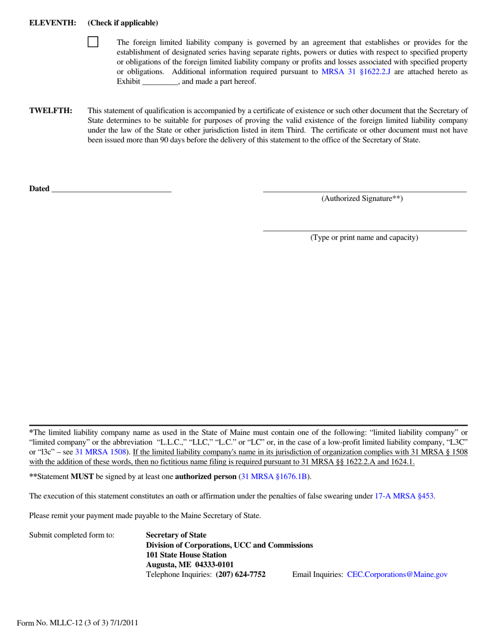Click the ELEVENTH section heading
coord(53,23)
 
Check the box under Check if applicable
coord(93,42)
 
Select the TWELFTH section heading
coord(51,110)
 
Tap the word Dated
coord(39,189)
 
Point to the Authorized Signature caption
coord(362,198)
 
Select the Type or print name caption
coord(365,238)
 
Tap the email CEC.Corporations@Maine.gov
coord(397,574)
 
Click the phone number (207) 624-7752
coord(241,574)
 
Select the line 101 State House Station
coord(186,554)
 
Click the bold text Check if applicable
coord(123,23)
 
